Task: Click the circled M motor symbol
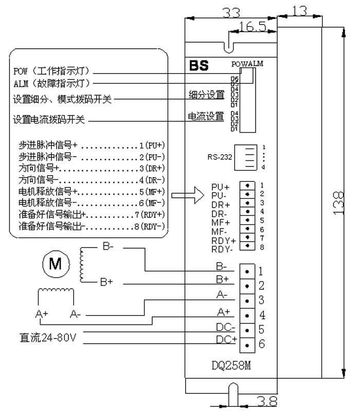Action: (x=55, y=265)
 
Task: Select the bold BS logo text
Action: (x=197, y=66)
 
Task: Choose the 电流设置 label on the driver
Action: (x=205, y=117)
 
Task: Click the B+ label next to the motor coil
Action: (x=106, y=282)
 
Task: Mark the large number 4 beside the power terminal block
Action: (x=262, y=314)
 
